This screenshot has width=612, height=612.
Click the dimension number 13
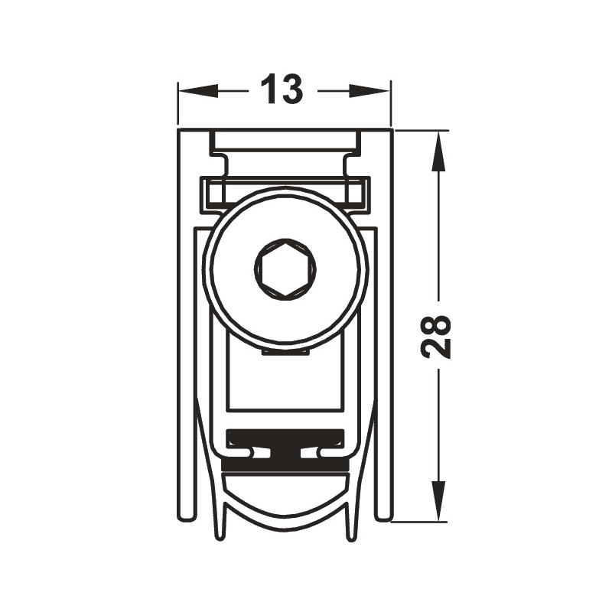(282, 90)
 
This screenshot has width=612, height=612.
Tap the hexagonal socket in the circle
(285, 269)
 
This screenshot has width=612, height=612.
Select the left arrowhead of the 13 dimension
(198, 91)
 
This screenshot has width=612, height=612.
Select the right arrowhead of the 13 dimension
(369, 91)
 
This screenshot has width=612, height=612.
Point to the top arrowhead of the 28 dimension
(438, 151)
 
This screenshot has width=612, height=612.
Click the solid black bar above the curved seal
(285, 465)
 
